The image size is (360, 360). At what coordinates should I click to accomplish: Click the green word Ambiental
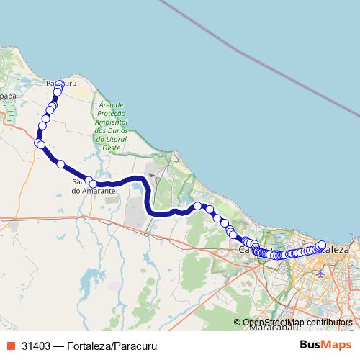tap(111, 122)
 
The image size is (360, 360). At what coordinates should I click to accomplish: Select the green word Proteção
tap(111, 113)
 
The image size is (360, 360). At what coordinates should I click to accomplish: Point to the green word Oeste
tap(111, 147)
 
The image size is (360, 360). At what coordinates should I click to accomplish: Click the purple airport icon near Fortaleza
tap(320, 273)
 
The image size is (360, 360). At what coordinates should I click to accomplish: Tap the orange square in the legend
tap(11, 345)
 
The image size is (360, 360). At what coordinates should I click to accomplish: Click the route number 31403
tap(36, 345)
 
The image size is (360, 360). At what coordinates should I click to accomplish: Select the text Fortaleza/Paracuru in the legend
tap(108, 345)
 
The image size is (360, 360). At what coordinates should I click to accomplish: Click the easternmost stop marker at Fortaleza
tap(322, 245)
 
